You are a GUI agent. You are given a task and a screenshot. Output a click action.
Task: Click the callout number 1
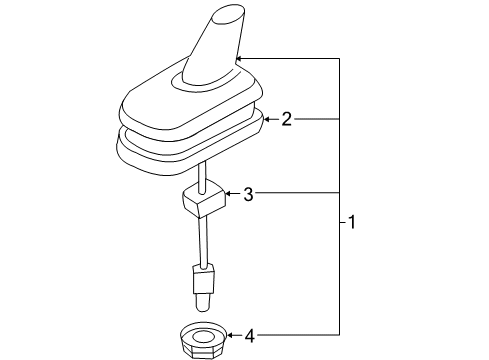[x=352, y=222]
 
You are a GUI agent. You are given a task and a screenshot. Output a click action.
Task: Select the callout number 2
[x=287, y=119]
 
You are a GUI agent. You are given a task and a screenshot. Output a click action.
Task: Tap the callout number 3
[x=248, y=194]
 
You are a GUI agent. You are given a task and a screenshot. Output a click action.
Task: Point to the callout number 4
[x=250, y=336]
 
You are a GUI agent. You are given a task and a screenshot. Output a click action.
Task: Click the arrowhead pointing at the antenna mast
[x=239, y=59]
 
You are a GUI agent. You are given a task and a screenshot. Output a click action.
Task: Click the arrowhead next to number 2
[x=267, y=119]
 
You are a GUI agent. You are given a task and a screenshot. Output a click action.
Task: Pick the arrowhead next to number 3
[x=229, y=193]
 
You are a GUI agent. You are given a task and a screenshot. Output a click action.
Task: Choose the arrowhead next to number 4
[x=230, y=335]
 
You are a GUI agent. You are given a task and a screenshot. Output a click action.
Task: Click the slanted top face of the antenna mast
[x=228, y=15]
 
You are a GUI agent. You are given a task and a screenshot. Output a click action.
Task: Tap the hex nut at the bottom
[x=203, y=340]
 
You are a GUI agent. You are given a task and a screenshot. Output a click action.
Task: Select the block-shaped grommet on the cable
[x=204, y=199]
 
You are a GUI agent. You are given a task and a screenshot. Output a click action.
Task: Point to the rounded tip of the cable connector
[x=202, y=302]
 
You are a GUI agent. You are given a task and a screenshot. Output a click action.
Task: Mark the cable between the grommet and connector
[x=203, y=241]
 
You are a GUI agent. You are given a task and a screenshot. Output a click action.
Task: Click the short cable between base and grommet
[x=202, y=177]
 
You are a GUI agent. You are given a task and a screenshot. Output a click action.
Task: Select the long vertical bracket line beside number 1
[x=340, y=197]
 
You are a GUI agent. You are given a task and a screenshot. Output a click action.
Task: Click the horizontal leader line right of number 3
[x=297, y=193]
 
